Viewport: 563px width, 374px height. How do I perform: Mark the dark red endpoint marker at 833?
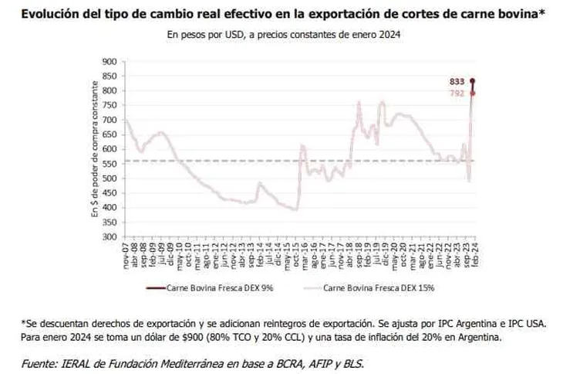pyautogui.click(x=473, y=81)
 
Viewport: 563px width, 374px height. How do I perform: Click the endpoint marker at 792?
pyautogui.click(x=473, y=93)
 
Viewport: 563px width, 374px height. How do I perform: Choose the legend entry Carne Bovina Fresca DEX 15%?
pyautogui.click(x=381, y=288)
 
